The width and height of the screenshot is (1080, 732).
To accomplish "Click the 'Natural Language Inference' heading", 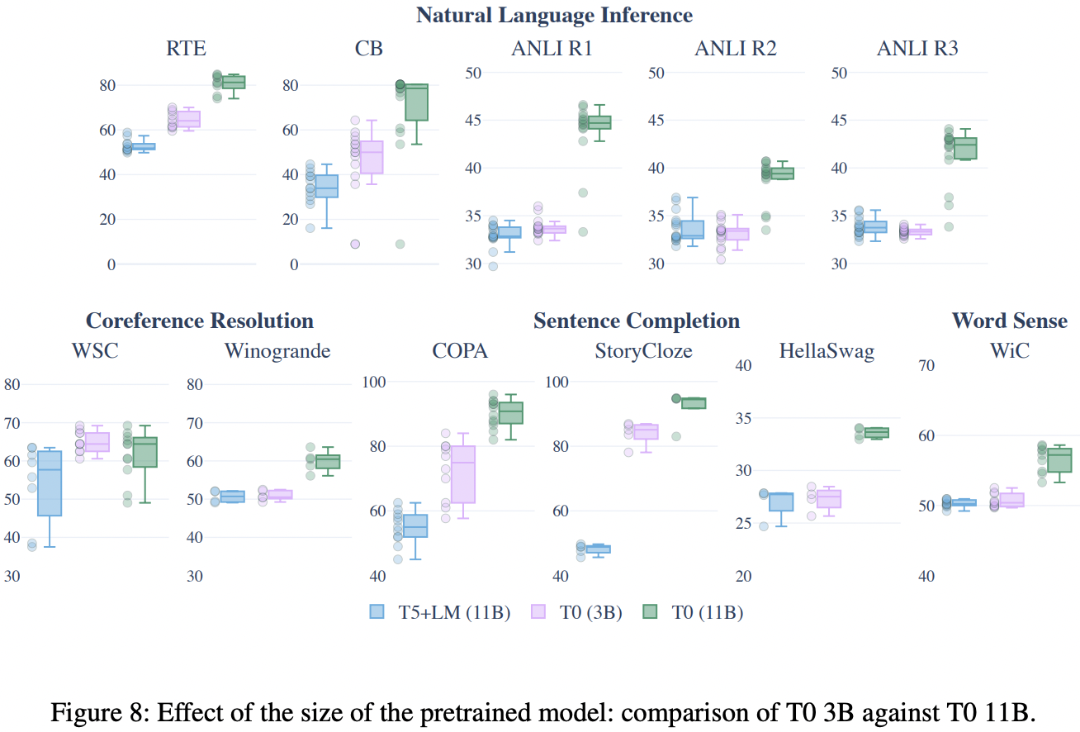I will pos(554,15).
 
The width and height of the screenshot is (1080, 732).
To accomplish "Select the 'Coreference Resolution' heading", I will pos(200,321).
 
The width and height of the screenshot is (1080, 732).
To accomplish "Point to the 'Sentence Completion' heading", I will pos(637,321).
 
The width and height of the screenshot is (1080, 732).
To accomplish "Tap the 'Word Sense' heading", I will pos(1009,321).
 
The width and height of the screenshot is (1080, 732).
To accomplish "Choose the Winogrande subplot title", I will pos(277,351).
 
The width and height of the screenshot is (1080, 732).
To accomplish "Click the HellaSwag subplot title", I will pos(826,351).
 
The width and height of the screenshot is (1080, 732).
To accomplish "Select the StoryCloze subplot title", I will pos(644,351).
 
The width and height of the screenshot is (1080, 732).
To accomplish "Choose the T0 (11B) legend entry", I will pos(703,611).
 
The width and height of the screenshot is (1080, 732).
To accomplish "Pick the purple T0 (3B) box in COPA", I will pos(463,474).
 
